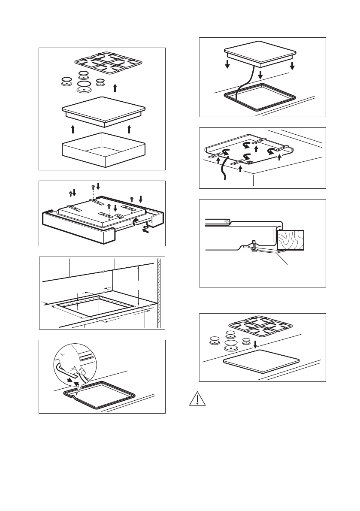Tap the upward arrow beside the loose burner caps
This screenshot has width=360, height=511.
click(115, 88)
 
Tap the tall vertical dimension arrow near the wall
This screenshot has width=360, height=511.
click(139, 285)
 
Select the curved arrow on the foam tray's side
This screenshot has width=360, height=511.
click(136, 221)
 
